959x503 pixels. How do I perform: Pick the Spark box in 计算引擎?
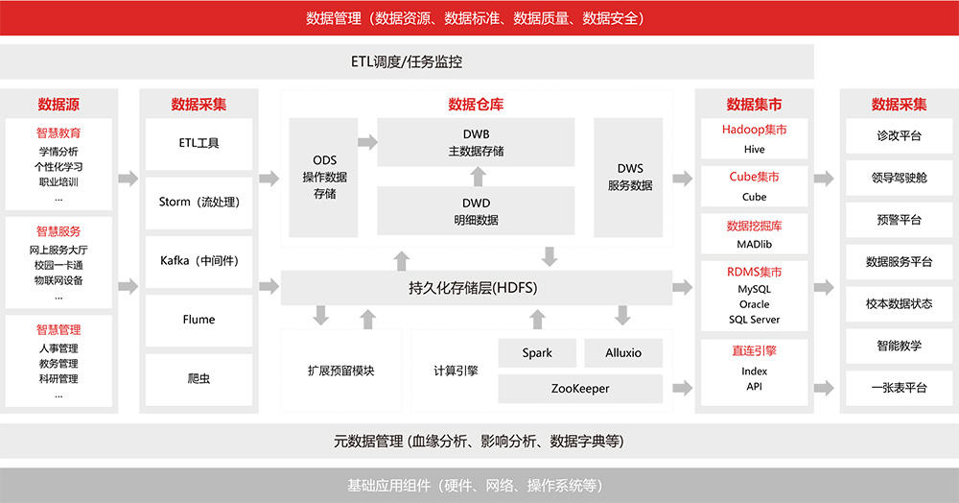click(537, 353)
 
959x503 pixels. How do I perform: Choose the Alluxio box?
click(623, 353)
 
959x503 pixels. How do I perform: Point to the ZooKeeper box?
click(580, 389)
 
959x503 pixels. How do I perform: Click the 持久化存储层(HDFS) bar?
click(477, 287)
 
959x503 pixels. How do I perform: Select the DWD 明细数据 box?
click(476, 211)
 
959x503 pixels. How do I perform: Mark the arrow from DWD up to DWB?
click(477, 176)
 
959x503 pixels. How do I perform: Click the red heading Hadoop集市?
click(754, 130)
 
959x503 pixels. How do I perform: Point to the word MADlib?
click(754, 245)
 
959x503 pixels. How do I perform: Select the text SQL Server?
click(754, 320)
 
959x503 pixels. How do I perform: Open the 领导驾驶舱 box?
click(898, 178)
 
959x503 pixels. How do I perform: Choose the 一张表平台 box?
click(898, 388)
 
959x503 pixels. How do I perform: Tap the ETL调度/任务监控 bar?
click(407, 62)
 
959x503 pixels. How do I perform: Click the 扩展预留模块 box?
click(340, 371)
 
